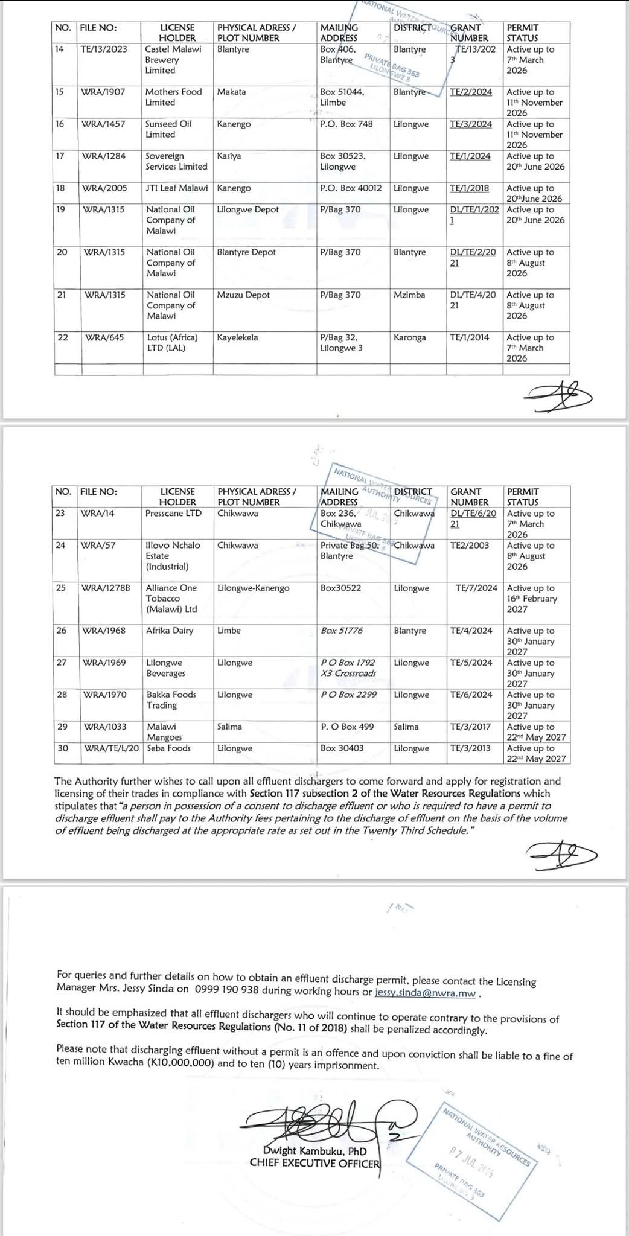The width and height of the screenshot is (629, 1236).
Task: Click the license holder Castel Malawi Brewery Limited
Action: pyautogui.click(x=173, y=60)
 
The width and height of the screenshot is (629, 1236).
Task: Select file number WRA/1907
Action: pyautogui.click(x=103, y=92)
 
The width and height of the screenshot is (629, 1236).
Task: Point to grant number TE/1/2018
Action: pyautogui.click(x=470, y=188)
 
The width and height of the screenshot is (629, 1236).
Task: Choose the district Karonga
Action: pyautogui.click(x=410, y=337)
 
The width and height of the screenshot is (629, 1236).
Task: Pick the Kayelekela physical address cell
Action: pyautogui.click(x=237, y=337)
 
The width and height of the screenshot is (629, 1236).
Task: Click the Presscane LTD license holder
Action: pyautogui.click(x=173, y=514)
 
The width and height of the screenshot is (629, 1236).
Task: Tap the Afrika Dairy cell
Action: pyautogui.click(x=170, y=631)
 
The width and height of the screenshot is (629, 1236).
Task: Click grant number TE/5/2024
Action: pyautogui.click(x=471, y=663)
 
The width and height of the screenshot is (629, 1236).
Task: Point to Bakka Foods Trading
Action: pyautogui.click(x=171, y=700)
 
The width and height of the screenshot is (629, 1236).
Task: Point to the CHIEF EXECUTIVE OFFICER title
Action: pyautogui.click(x=315, y=1162)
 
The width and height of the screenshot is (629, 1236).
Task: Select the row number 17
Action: pyautogui.click(x=60, y=156)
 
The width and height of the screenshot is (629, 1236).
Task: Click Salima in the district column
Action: pyautogui.click(x=406, y=727)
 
